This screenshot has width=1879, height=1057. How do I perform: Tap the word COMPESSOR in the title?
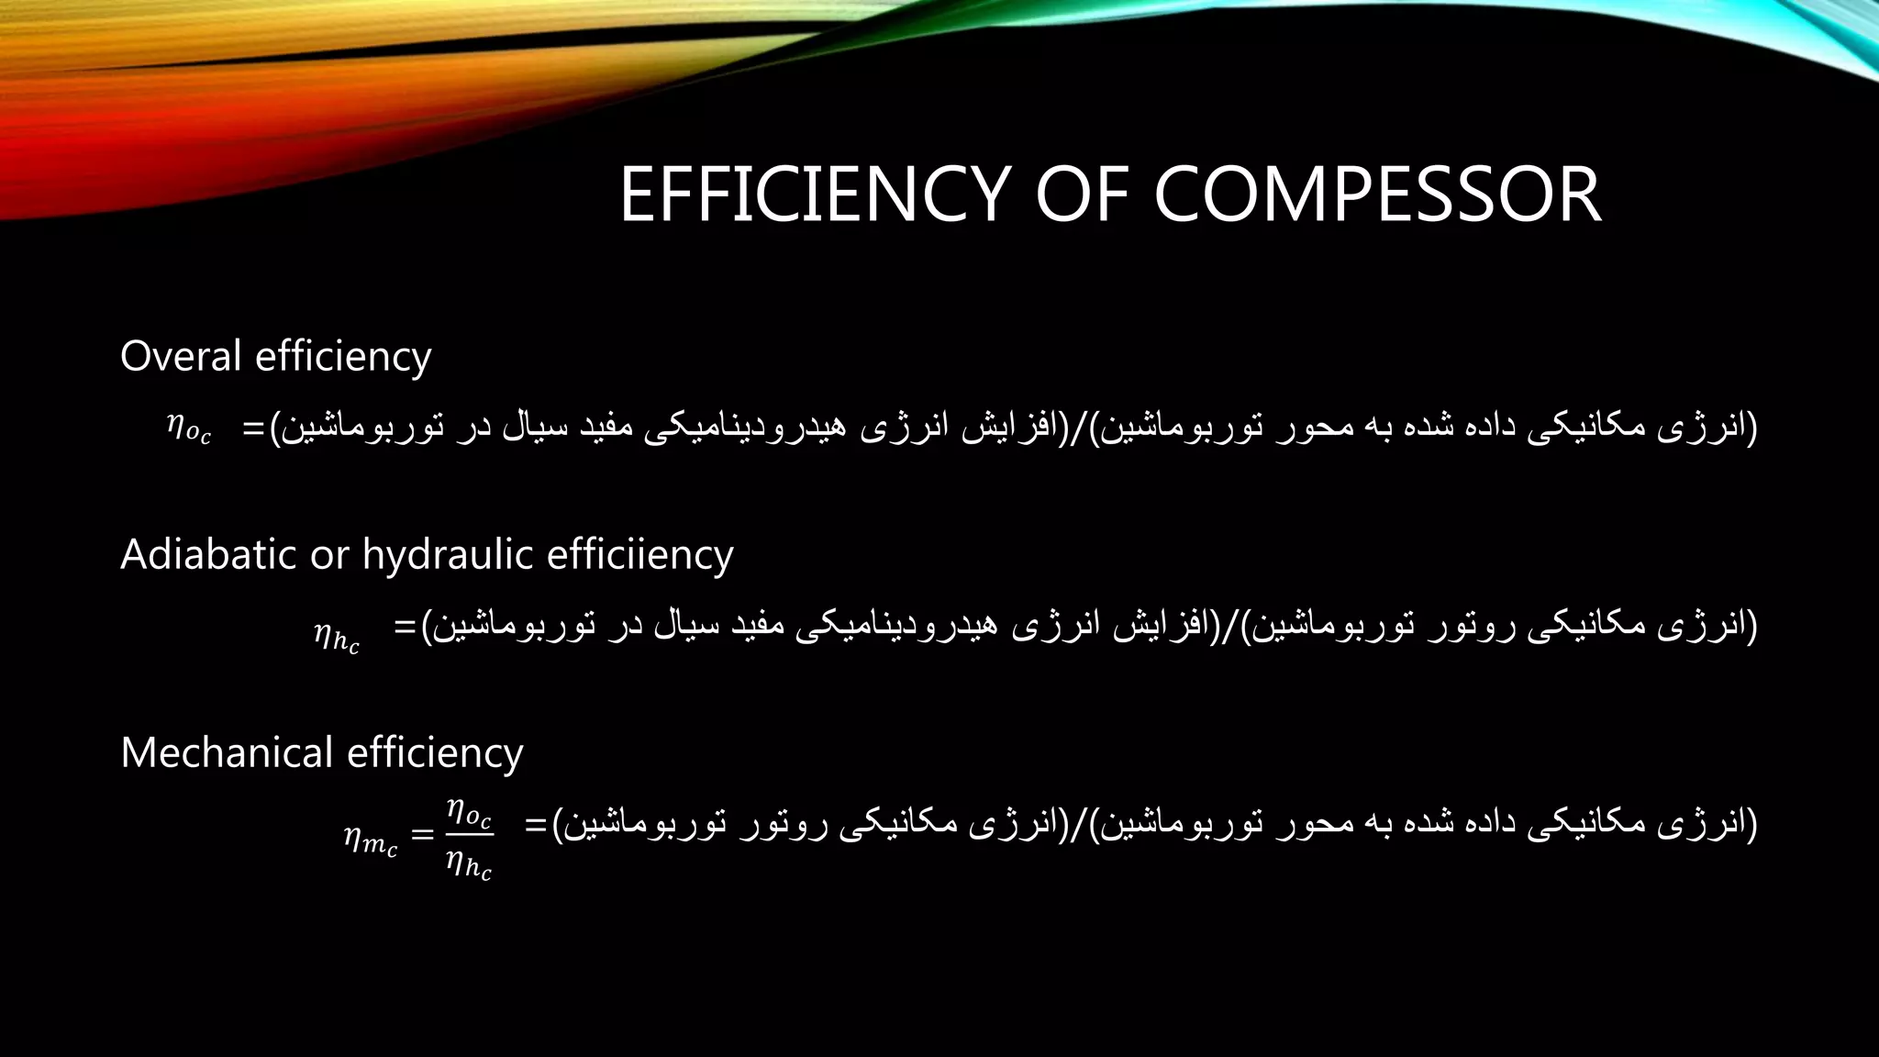click(x=1377, y=195)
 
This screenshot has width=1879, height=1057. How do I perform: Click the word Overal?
click(x=181, y=356)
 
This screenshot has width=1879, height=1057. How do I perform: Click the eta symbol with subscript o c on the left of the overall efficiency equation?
click(x=188, y=428)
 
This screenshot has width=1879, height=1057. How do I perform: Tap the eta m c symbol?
click(x=371, y=840)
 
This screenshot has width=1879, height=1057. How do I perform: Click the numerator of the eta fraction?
click(x=469, y=813)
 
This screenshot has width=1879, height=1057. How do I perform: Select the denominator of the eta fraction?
click(x=469, y=865)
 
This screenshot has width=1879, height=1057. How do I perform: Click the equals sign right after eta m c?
click(x=421, y=835)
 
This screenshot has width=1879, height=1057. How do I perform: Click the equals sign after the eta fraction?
click(x=535, y=825)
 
